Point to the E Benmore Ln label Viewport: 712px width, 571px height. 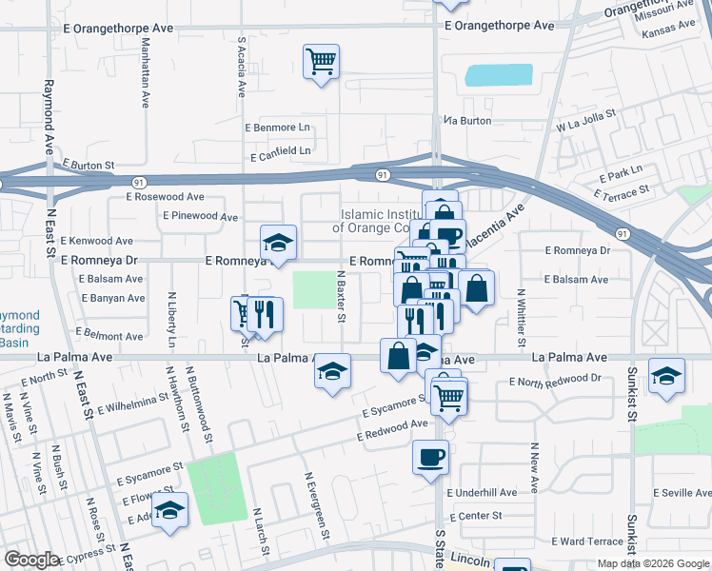278,127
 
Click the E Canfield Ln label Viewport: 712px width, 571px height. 280,151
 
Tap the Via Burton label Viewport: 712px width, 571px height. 467,121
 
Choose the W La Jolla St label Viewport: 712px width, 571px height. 586,125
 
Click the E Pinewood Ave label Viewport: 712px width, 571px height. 200,217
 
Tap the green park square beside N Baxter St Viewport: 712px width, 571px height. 313,289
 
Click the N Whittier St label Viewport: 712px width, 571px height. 521,317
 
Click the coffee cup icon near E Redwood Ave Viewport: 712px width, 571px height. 429,456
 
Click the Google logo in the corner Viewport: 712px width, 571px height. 31,560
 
